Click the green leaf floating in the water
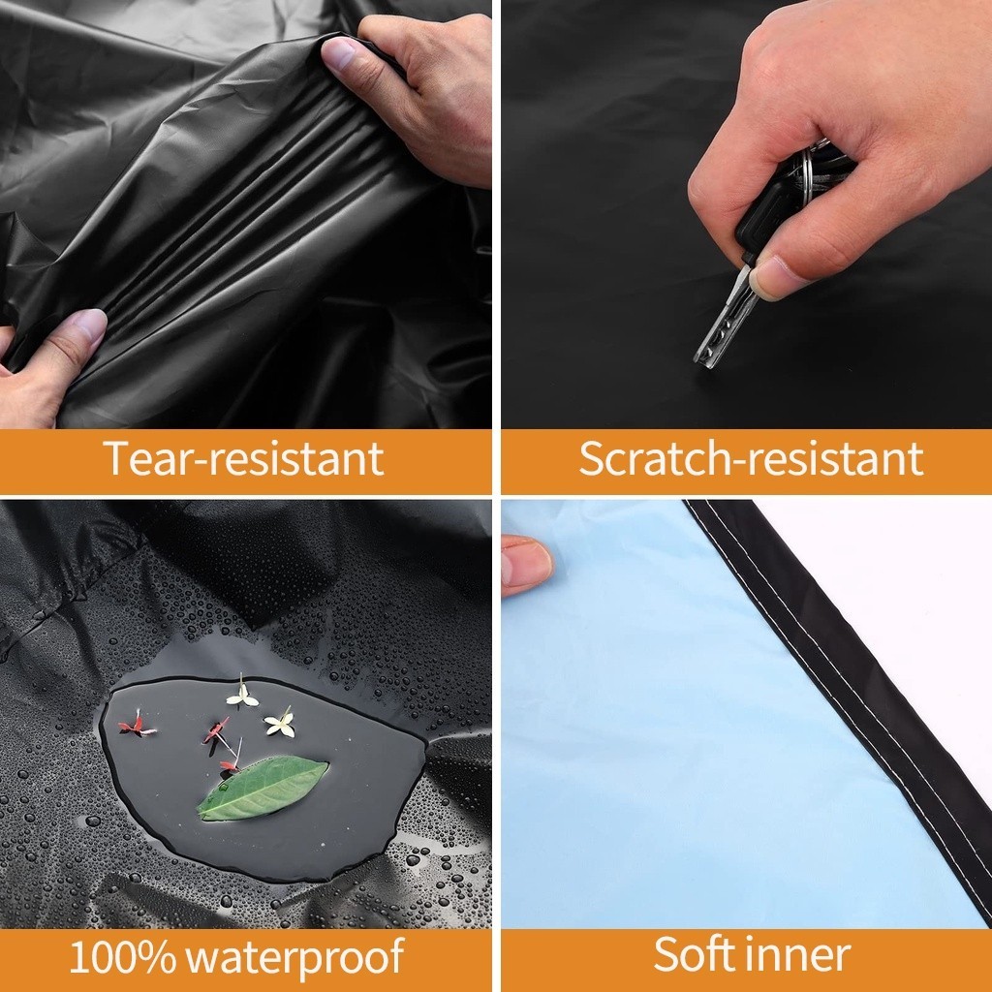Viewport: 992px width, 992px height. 263,788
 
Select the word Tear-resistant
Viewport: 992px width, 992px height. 243,457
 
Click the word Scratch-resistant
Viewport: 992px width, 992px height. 751,457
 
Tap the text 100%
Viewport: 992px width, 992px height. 122,956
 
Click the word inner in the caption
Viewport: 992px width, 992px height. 798,954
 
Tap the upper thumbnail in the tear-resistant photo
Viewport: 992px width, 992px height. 340,53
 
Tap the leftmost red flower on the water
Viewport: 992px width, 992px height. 136,726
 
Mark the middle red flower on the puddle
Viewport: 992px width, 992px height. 216,730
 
